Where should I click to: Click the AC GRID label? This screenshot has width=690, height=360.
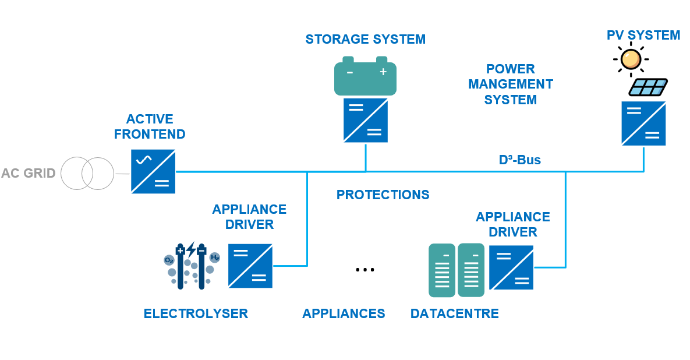point(29,173)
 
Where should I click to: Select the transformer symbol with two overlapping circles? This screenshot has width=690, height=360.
point(87,173)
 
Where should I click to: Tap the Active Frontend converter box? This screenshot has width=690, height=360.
point(153,172)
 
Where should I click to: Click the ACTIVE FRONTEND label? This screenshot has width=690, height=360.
point(150,126)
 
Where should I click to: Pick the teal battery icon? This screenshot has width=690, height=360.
point(365,77)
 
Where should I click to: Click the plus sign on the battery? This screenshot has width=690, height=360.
point(383,72)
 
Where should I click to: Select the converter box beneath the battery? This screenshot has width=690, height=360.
point(366,121)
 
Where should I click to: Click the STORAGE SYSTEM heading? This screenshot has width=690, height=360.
point(366,39)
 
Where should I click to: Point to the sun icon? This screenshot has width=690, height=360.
point(630,59)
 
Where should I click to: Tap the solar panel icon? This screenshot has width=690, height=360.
point(648,87)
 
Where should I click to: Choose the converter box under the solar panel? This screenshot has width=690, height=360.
point(643,123)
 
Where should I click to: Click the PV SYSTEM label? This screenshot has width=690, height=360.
point(643,35)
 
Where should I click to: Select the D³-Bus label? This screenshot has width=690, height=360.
point(520,160)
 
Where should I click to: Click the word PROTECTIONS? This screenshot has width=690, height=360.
point(383,195)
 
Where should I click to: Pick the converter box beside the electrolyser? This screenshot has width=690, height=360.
point(250,266)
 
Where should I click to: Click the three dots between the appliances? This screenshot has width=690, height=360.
point(365,269)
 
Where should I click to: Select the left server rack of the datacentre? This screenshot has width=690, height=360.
point(442,270)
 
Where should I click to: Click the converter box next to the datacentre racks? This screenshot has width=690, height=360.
point(511,267)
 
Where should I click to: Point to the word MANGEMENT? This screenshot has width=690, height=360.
point(511,84)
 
